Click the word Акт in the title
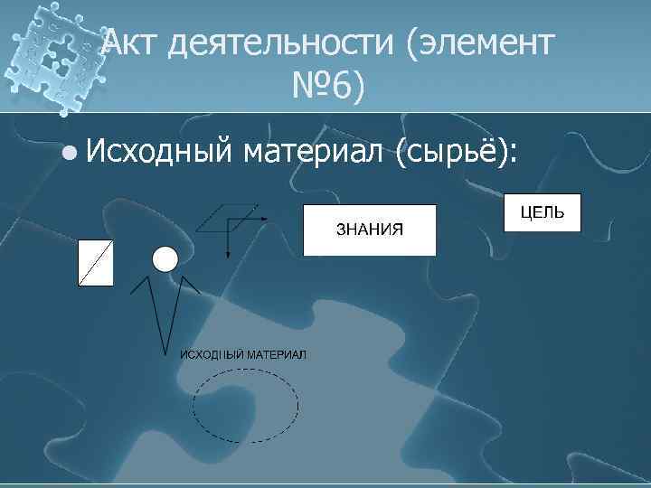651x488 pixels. pos(129,42)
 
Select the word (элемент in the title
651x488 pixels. pos(478,42)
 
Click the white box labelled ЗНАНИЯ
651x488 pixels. pos(369,230)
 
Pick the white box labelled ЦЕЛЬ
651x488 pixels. pos(542,214)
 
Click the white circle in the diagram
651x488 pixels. pos(165,259)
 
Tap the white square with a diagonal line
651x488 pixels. pos(96,263)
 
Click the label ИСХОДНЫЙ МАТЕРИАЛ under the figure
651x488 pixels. pos(243,353)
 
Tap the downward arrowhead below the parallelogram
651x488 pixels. pos(228,254)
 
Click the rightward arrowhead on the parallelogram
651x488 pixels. pos(264,219)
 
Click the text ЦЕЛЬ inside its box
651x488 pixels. pos(542,212)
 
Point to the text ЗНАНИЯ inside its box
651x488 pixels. pos(369,229)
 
